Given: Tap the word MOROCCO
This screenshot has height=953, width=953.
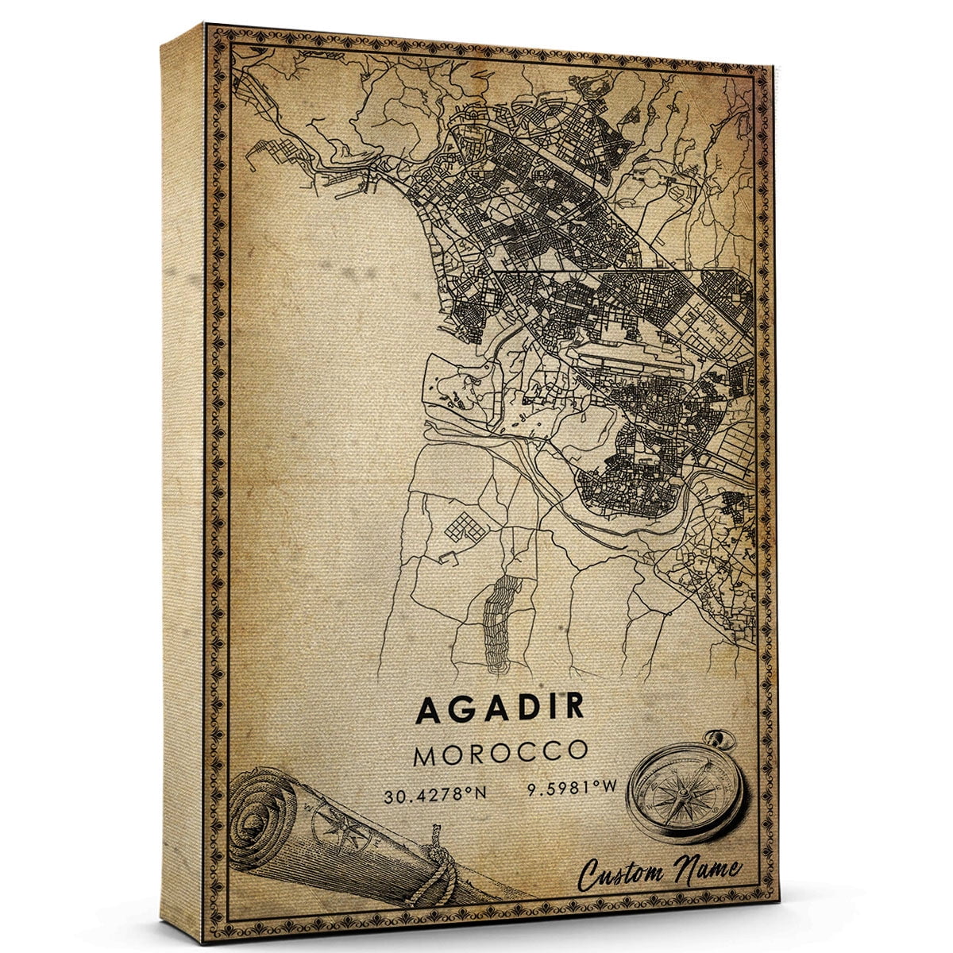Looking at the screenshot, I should (500, 752).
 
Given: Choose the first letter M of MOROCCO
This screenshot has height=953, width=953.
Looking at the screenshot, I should (424, 753).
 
